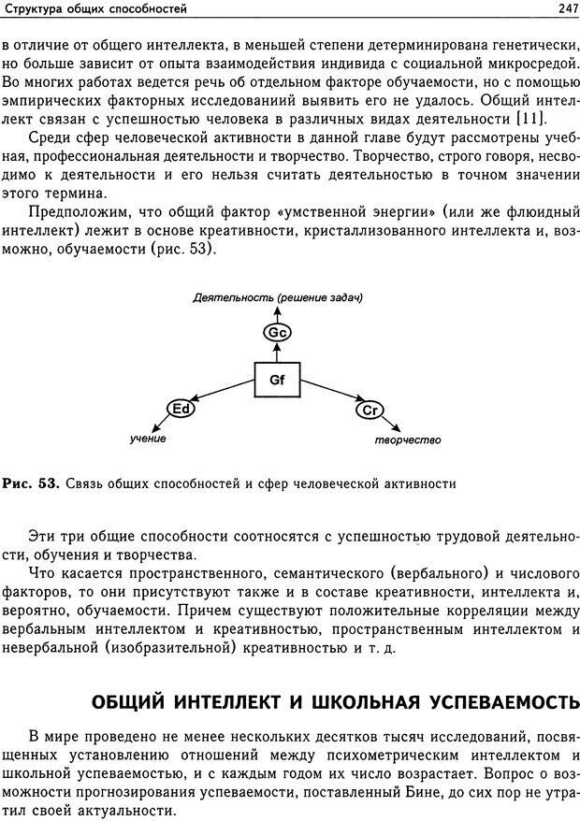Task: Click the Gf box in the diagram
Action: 278,380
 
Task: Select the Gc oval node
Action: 277,333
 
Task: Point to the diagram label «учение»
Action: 148,439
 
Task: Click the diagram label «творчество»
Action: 407,439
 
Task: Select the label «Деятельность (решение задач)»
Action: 277,298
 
